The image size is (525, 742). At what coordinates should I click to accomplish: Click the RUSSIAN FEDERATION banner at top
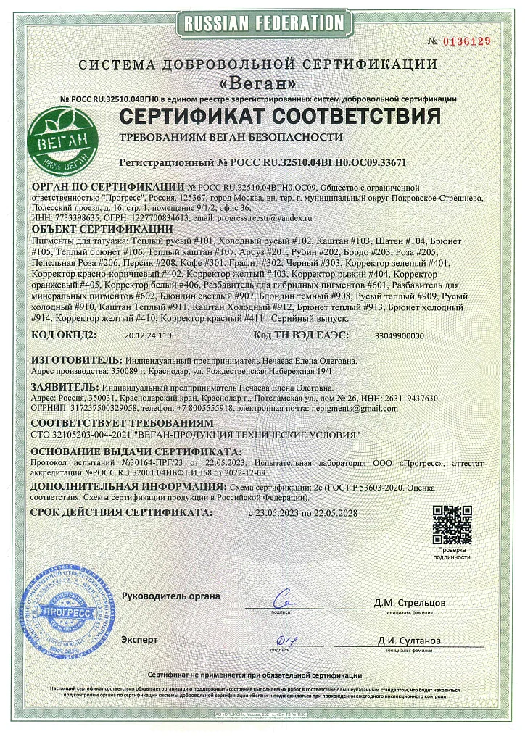pos(263,24)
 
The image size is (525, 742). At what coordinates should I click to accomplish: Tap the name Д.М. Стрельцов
pos(409,602)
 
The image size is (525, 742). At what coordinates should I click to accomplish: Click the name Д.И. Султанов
pos(408,641)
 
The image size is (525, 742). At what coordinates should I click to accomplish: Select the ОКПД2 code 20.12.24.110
pos(148,336)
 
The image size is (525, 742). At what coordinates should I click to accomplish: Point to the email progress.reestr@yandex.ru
pos(262,217)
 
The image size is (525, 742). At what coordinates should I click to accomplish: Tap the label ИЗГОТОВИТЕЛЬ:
pos(70,359)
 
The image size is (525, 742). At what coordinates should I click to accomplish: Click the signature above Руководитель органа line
pos(282,600)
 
